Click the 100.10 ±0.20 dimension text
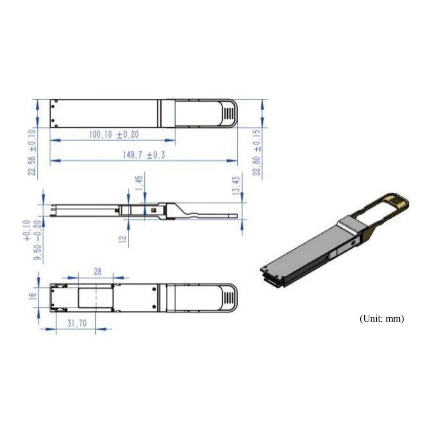coord(113,135)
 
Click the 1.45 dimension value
coord(139,184)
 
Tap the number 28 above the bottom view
coord(98,271)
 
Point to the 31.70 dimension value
coord(76,323)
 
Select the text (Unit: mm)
coord(381,319)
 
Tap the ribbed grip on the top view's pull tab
coord(229,113)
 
